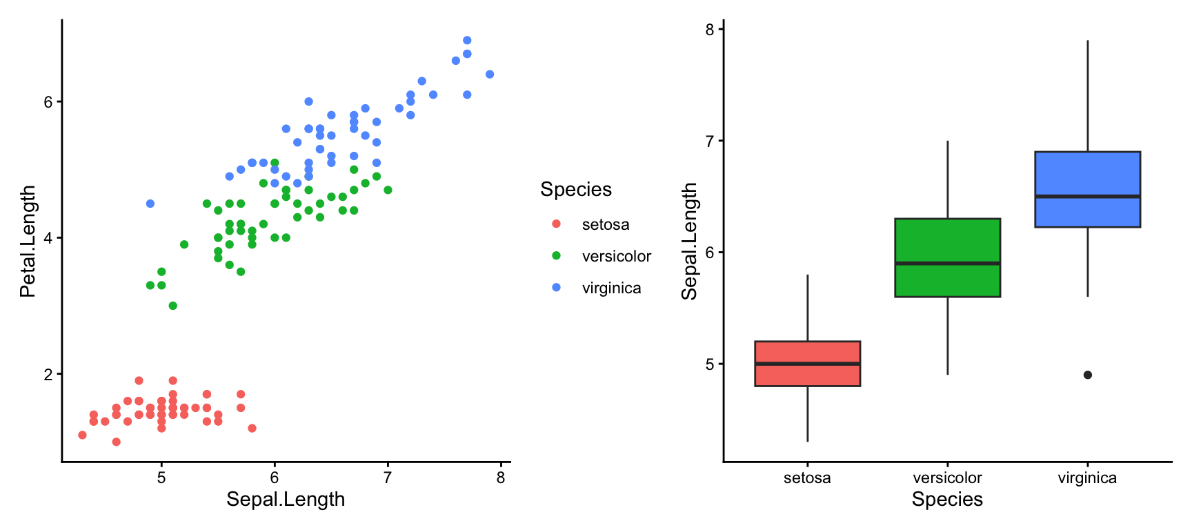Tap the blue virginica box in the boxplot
point(1087,173)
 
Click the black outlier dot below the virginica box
point(1088,375)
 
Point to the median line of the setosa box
point(807,364)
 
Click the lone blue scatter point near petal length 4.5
point(150,204)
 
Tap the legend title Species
point(576,190)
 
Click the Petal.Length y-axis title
point(28,242)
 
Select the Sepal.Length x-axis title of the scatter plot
point(286,500)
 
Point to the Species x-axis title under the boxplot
point(947,500)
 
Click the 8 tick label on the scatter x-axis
point(501,478)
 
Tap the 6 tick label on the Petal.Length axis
point(48,102)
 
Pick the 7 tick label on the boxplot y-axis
point(710,141)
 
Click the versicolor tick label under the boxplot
point(947,478)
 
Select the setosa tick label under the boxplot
point(807,478)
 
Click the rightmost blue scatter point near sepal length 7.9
point(490,75)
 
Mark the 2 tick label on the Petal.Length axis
point(48,375)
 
